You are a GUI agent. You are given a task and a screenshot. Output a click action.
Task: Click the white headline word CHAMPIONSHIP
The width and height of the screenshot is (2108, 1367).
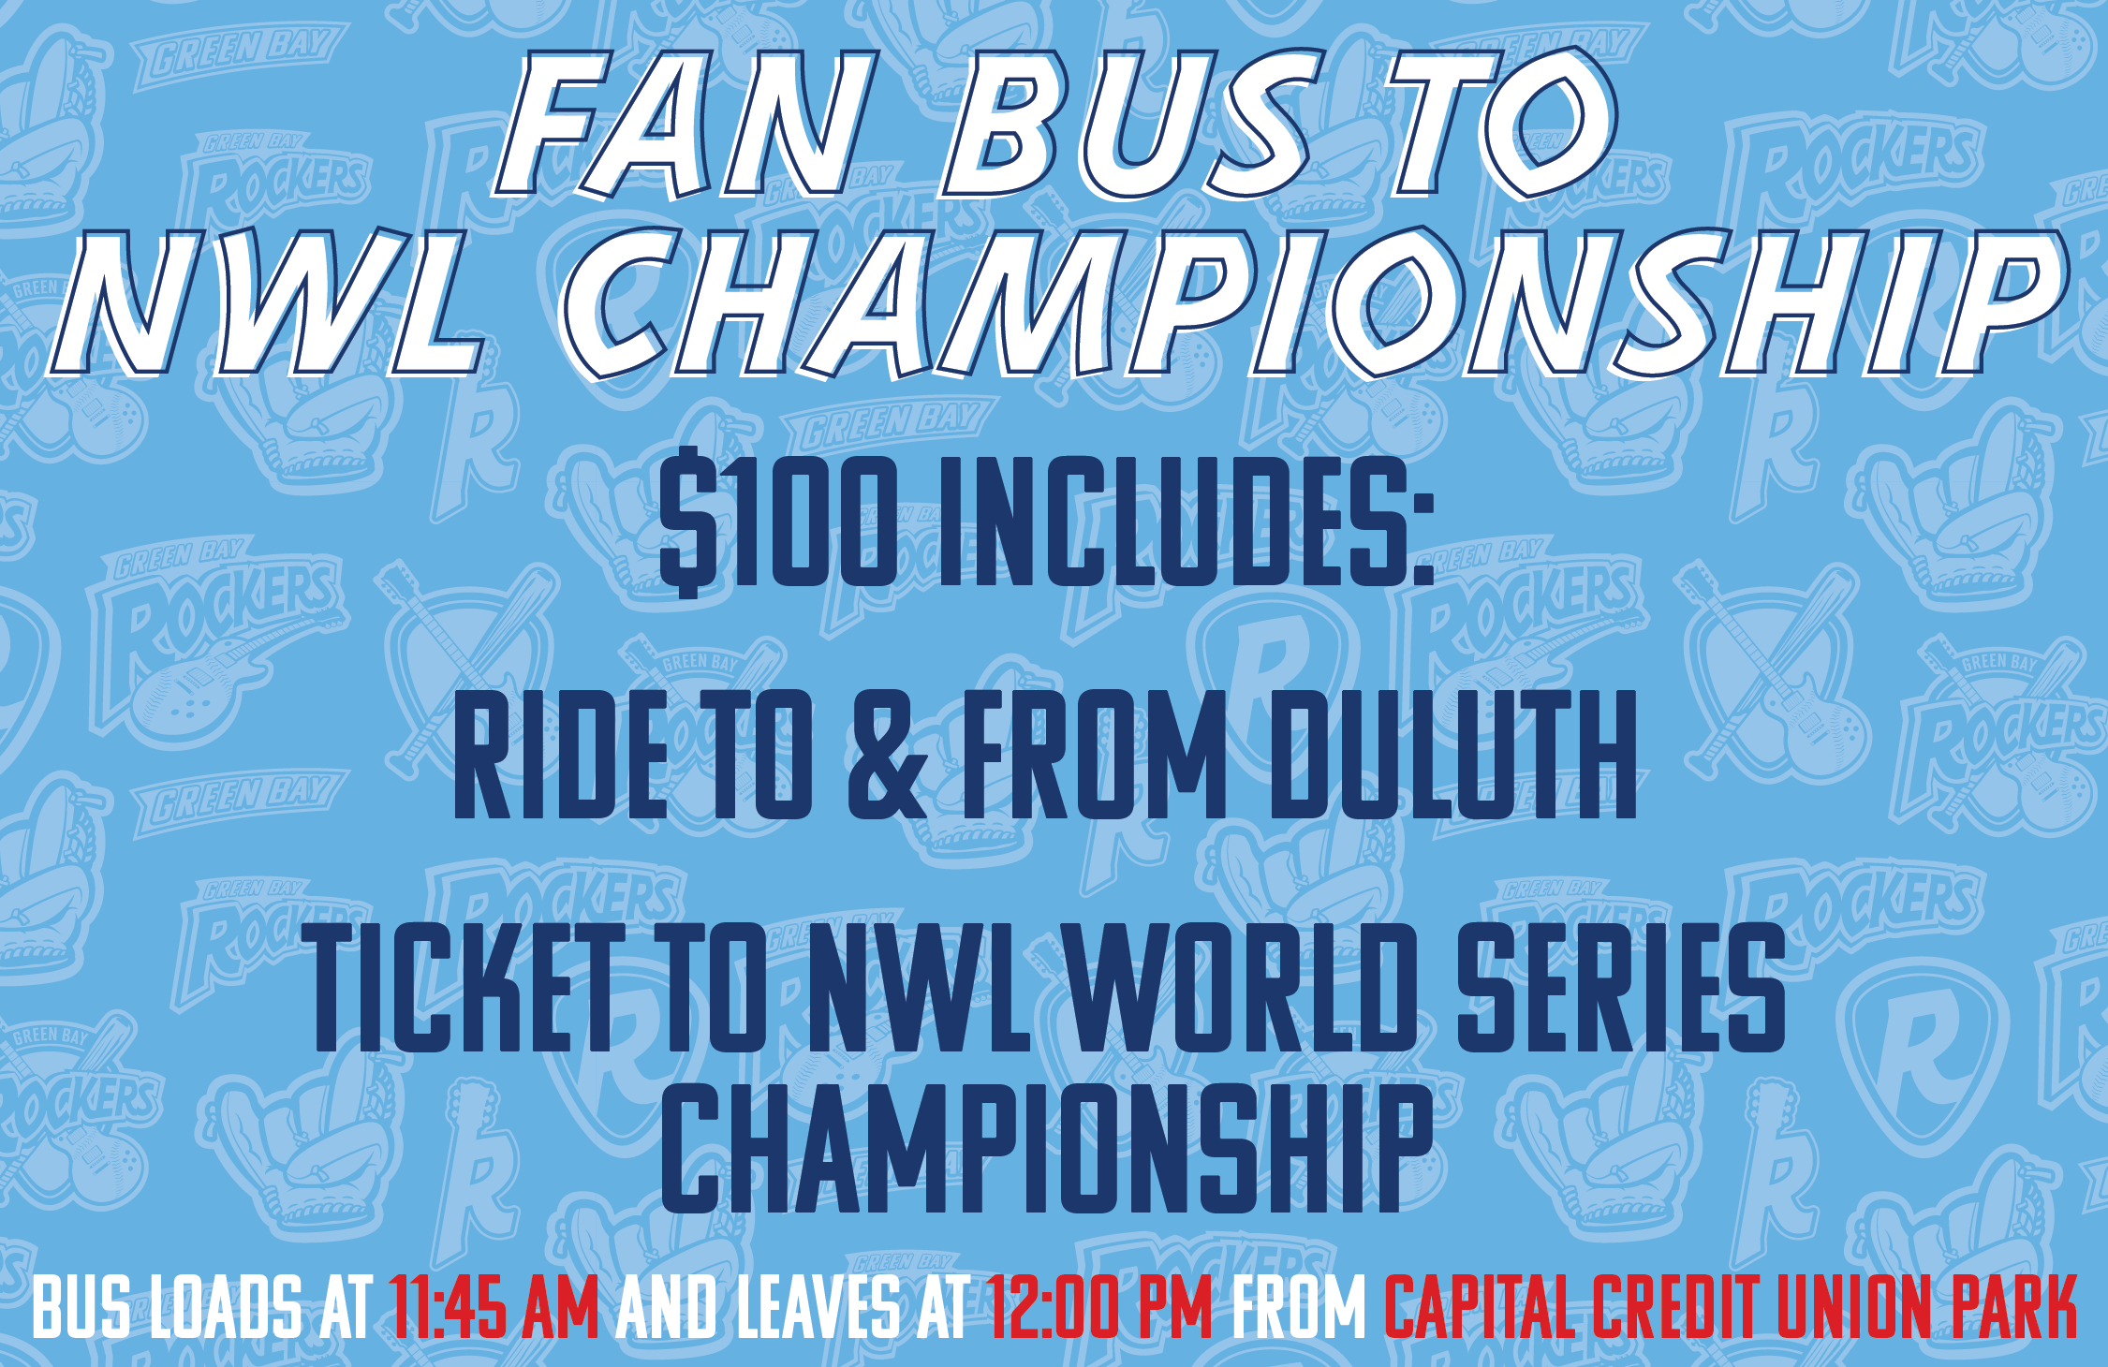[1311, 304]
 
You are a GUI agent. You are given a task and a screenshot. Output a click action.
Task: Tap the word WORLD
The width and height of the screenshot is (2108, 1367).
[1242, 987]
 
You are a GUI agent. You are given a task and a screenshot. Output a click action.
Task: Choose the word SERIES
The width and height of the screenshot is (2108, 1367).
[1621, 987]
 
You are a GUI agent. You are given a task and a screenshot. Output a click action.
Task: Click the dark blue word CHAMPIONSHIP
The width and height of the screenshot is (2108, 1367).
[1048, 1148]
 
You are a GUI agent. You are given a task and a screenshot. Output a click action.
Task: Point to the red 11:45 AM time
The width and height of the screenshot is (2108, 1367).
[494, 1307]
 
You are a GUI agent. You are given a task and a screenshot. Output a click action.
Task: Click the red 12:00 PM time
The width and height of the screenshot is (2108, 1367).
[1099, 1307]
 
